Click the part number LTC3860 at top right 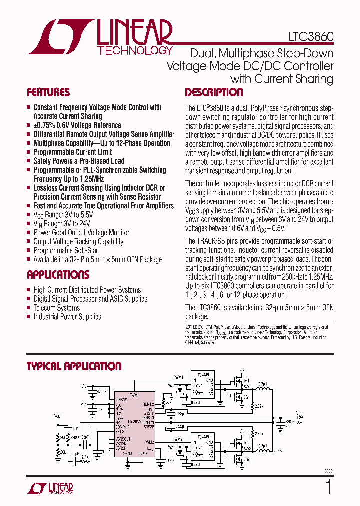311,37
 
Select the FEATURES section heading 48,92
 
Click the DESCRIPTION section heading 214,92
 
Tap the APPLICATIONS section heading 58,275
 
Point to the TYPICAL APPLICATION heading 74,366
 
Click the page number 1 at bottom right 328,487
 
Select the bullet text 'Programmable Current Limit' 72,152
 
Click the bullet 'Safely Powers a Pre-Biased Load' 79,161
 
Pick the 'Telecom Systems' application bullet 56,308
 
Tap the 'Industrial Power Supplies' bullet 67,317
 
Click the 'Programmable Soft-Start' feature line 66,250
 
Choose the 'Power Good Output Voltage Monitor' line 81,232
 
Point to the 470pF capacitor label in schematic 102,392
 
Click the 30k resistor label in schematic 169,402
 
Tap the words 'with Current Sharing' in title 282,79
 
